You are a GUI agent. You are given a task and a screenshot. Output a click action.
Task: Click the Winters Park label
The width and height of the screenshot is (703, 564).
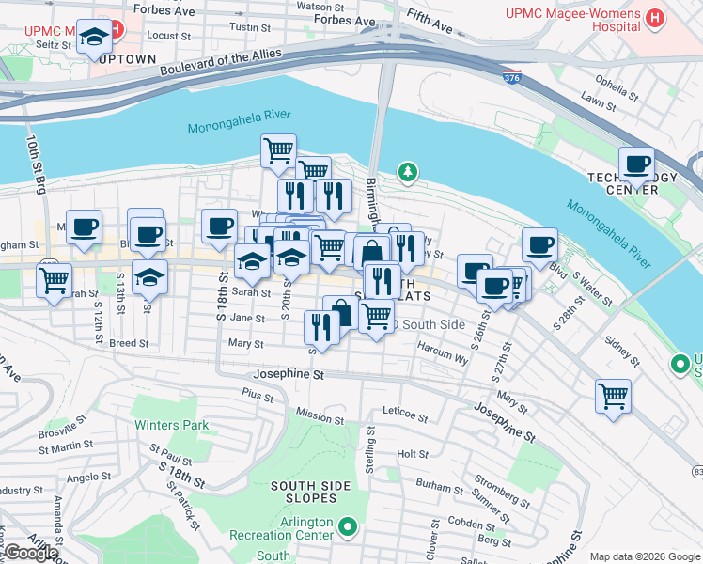pyautogui.click(x=171, y=425)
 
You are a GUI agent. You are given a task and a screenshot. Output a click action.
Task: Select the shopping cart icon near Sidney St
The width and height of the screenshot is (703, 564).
pyautogui.click(x=613, y=395)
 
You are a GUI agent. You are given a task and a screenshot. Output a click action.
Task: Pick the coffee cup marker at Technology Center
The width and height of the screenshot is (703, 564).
pyautogui.click(x=636, y=163)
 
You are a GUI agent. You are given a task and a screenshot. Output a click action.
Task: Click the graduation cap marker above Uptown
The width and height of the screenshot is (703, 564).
pyautogui.click(x=94, y=37)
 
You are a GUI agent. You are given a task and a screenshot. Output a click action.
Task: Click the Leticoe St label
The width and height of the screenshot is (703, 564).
pyautogui.click(x=405, y=412)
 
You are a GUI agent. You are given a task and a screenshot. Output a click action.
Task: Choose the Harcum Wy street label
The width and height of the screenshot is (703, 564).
pyautogui.click(x=443, y=358)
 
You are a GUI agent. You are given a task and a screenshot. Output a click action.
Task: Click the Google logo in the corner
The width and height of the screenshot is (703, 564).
pyautogui.click(x=30, y=553)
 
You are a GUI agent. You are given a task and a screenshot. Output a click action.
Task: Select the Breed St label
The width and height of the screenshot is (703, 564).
pyautogui.click(x=129, y=344)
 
